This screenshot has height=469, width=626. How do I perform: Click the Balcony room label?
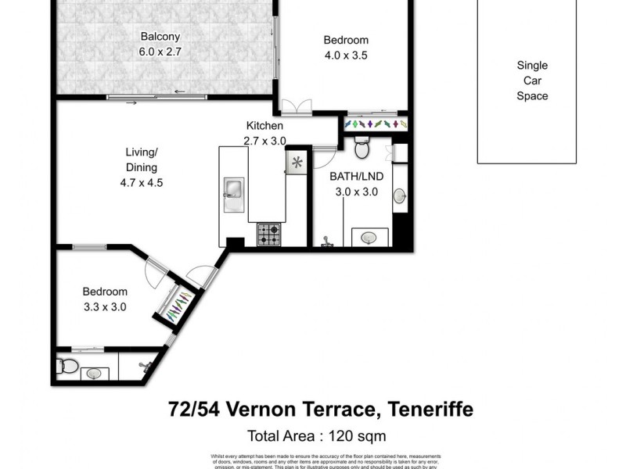click(160, 36)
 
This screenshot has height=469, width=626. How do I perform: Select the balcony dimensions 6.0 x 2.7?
click(160, 52)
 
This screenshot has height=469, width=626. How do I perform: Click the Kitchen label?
click(264, 126)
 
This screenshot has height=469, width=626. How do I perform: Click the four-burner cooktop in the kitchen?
click(269, 233)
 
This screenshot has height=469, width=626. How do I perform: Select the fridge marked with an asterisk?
click(297, 163)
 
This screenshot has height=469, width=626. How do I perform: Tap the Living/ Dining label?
click(142, 159)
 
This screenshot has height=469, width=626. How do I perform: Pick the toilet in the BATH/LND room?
click(362, 148)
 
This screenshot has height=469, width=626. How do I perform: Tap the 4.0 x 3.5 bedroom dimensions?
click(346, 55)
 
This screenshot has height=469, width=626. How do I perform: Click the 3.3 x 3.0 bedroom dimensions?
click(105, 307)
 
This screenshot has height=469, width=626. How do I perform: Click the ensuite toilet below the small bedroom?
click(67, 367)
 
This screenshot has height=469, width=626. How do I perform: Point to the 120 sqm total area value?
click(358, 435)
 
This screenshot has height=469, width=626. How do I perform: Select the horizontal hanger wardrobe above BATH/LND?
click(376, 124)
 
